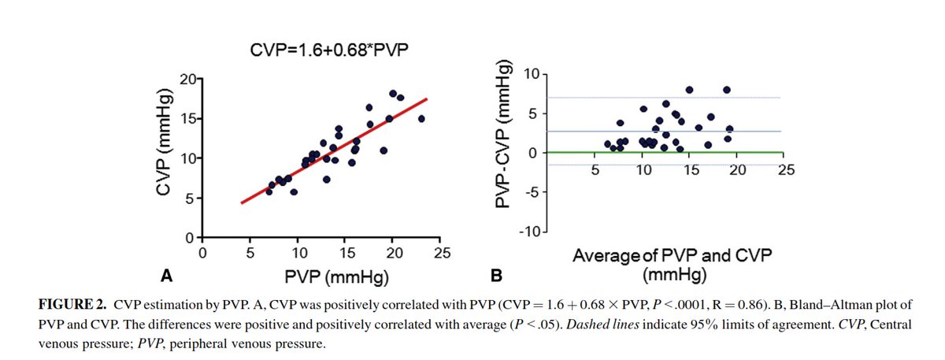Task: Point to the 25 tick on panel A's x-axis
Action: pyautogui.click(x=442, y=252)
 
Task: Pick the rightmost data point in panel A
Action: pyautogui.click(x=421, y=119)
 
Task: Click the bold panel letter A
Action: pyautogui.click(x=166, y=276)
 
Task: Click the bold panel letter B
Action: pyautogui.click(x=496, y=276)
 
